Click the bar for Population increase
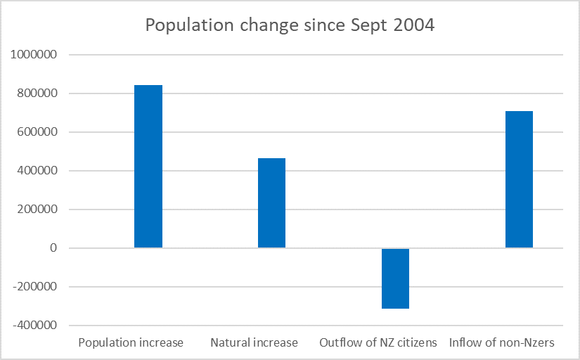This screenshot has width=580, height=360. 148,166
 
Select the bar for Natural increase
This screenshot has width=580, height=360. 271,202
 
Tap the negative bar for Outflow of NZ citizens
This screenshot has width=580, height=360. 395,278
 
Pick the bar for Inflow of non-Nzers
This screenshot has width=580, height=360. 519,179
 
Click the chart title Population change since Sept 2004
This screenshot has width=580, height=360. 290,25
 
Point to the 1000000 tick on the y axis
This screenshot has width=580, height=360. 34,55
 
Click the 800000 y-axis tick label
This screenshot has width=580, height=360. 37,94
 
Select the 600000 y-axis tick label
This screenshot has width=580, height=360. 37,132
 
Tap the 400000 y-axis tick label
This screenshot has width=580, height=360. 37,171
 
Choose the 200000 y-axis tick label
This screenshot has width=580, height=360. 37,210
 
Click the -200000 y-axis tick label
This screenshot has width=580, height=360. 34,287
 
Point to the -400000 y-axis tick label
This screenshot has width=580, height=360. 34,326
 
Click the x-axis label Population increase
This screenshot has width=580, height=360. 131,343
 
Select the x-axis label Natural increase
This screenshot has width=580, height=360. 254,343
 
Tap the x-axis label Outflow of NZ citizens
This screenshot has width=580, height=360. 378,343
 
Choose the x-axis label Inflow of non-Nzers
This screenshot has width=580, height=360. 502,343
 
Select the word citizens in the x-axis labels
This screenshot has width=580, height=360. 416,343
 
